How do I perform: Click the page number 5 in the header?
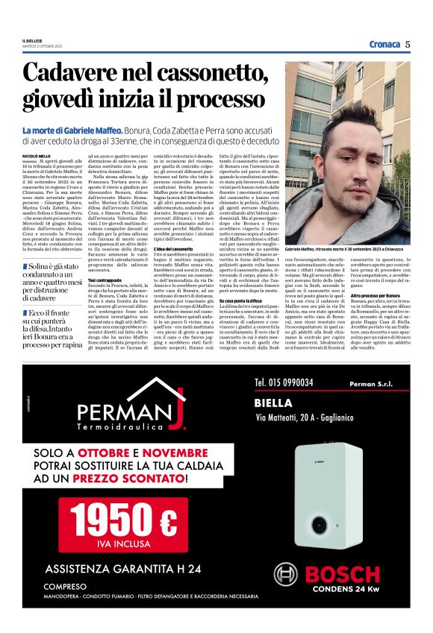tap(408, 44)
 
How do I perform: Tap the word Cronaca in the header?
tap(384, 44)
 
